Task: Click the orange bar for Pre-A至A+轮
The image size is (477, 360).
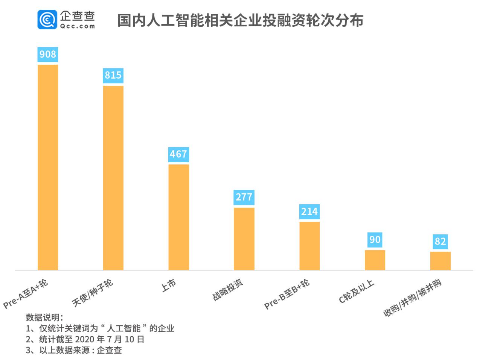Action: pos(48,167)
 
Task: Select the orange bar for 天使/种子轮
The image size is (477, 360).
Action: pos(113,178)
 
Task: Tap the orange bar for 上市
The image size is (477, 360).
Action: pos(179,217)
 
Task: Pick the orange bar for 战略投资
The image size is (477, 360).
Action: pos(244,238)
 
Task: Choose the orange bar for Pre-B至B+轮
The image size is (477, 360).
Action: pos(309,246)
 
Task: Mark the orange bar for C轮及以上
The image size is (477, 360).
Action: pos(375,260)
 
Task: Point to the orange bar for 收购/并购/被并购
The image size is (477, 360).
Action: pos(440,261)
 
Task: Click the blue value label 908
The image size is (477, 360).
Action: pos(48,54)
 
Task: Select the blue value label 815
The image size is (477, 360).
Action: pos(113,75)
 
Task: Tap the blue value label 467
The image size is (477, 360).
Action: pos(179,154)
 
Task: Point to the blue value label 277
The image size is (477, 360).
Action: pos(244,197)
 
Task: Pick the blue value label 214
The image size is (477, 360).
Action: pos(309,212)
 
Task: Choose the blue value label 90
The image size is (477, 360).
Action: pos(375,240)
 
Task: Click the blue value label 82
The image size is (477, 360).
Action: pos(440,241)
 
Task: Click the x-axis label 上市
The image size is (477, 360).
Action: pos(169,286)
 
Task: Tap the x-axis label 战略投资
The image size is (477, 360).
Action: pos(228,290)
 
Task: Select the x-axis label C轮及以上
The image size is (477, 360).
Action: pos(357,291)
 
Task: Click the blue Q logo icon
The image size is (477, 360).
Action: pos(47,20)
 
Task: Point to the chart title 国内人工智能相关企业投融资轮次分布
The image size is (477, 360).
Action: pos(240,21)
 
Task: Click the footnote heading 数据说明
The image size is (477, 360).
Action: pos(44,317)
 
